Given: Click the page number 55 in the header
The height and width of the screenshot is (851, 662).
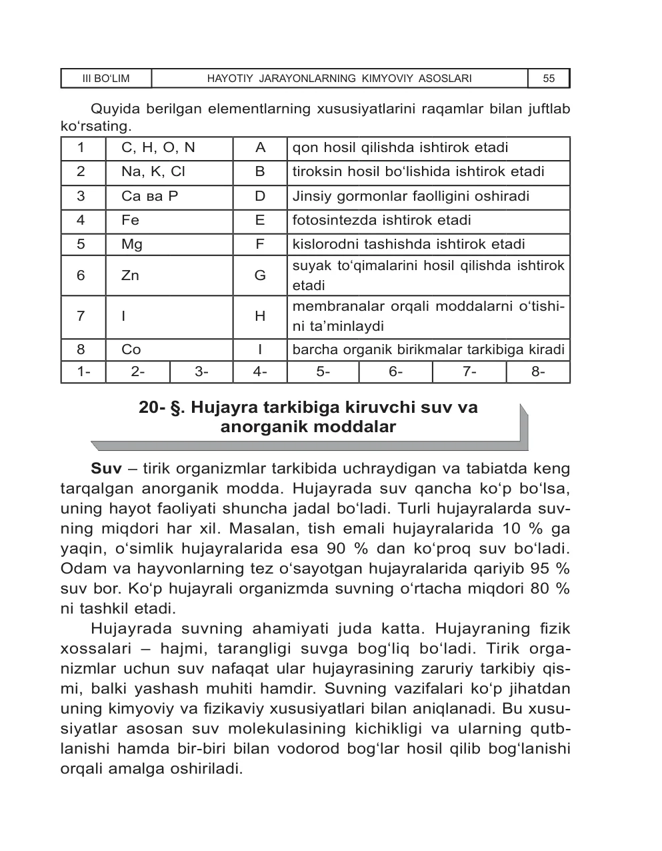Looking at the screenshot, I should [x=549, y=79].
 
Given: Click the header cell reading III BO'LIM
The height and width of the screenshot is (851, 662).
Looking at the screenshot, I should [x=106, y=79].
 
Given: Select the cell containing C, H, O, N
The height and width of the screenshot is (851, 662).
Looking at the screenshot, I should [x=158, y=148].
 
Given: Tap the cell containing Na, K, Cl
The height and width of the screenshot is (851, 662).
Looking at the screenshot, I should [x=153, y=172].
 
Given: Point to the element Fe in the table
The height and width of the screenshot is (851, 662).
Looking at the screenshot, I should [x=130, y=221].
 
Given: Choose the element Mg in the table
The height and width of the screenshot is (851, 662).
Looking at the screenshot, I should [x=132, y=245].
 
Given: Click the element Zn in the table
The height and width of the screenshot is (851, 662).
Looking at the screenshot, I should [x=130, y=275].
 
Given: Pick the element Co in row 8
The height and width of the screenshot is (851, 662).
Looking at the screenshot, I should [x=131, y=349].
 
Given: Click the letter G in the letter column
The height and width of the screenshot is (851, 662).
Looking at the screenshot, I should [x=260, y=275].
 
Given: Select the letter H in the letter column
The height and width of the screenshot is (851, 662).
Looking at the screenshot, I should [x=260, y=316].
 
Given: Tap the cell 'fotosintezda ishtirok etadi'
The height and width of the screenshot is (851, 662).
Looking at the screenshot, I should [x=381, y=221].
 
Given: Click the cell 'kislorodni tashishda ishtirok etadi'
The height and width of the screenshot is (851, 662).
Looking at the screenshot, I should [x=409, y=245].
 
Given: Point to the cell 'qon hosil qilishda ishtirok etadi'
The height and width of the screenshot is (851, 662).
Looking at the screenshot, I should [x=400, y=148].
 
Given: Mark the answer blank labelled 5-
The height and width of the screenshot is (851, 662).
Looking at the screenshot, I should [x=323, y=372].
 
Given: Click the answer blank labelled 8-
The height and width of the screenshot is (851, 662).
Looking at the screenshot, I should [x=538, y=372].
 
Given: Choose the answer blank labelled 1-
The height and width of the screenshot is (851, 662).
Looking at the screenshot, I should [x=83, y=372].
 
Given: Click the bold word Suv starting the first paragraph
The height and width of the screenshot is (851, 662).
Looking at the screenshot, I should [x=106, y=469].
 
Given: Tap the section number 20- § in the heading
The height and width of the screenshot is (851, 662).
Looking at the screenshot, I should [x=160, y=407].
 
